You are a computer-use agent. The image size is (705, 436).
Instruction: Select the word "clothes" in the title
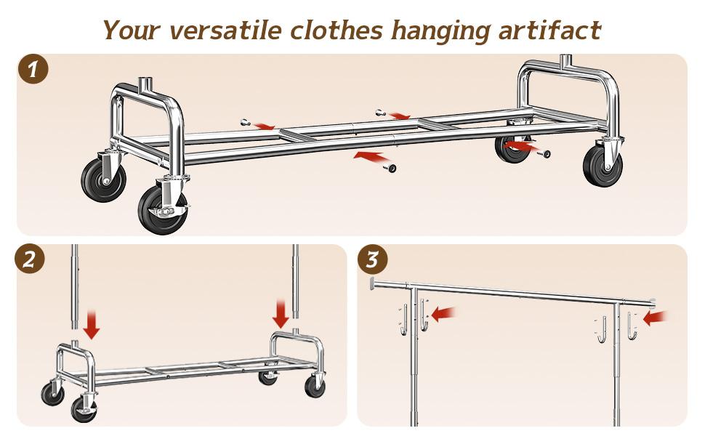point(337,31)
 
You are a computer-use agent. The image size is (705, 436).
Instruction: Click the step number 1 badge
point(33,70)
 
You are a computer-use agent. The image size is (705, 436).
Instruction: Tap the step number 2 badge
point(30,259)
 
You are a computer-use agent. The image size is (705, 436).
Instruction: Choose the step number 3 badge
point(372,259)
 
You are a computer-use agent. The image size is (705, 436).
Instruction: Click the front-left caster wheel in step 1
point(163,209)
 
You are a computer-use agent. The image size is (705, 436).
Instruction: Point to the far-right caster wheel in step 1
point(603,165)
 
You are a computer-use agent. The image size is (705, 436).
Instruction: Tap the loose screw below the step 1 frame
point(391,168)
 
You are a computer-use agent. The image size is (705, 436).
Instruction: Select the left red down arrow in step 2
point(92,324)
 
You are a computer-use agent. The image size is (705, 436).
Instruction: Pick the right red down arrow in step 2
point(281,314)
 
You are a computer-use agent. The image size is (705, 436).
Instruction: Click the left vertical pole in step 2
point(74,291)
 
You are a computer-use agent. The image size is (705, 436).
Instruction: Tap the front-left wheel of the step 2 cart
point(84,409)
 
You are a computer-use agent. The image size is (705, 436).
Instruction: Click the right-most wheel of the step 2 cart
point(315,386)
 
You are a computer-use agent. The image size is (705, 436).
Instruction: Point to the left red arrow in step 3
point(444,313)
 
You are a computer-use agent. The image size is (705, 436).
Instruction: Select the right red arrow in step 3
point(656,317)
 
